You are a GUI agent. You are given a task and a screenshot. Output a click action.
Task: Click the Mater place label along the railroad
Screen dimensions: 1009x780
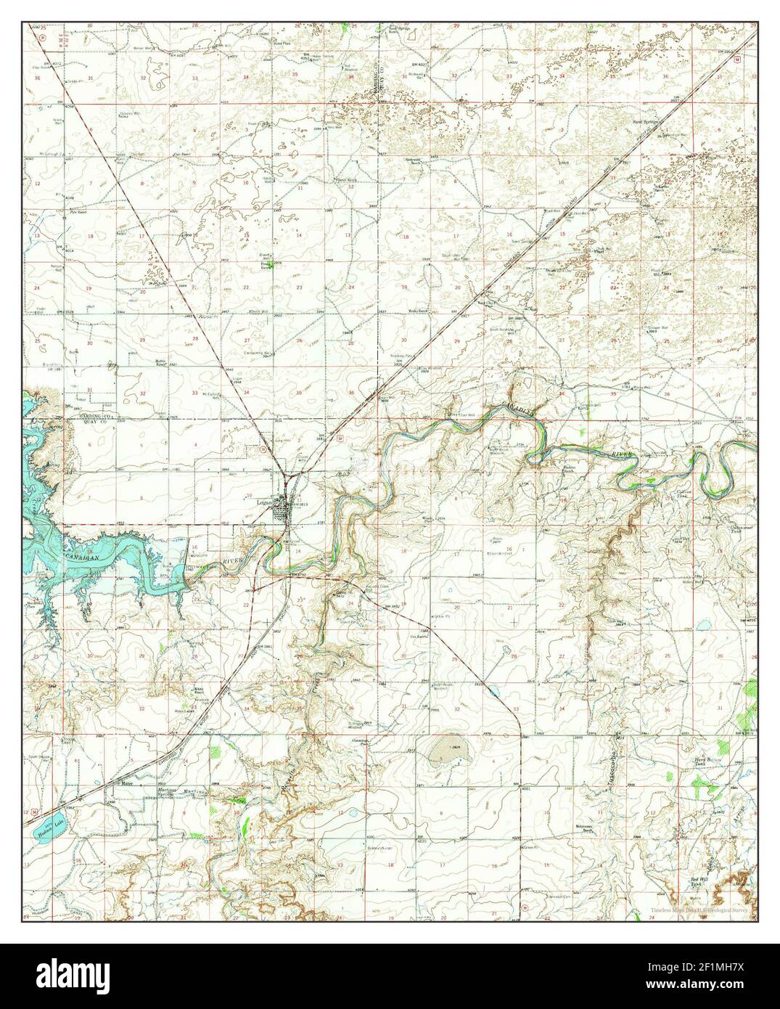click(x=128, y=784)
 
